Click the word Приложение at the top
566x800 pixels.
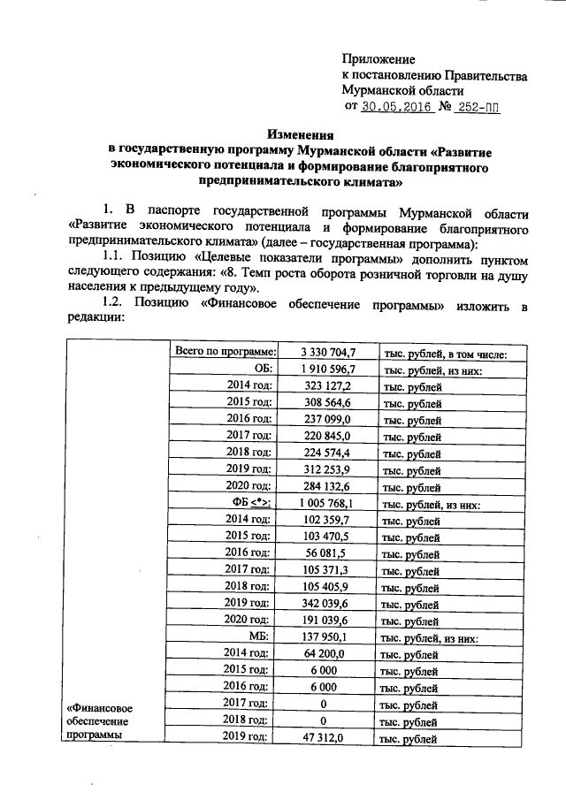[x=378, y=58]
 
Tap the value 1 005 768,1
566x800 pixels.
[x=327, y=504]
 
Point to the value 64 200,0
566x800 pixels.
[x=327, y=653]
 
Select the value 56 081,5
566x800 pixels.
[x=327, y=553]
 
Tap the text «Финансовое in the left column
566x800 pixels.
[x=101, y=707]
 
